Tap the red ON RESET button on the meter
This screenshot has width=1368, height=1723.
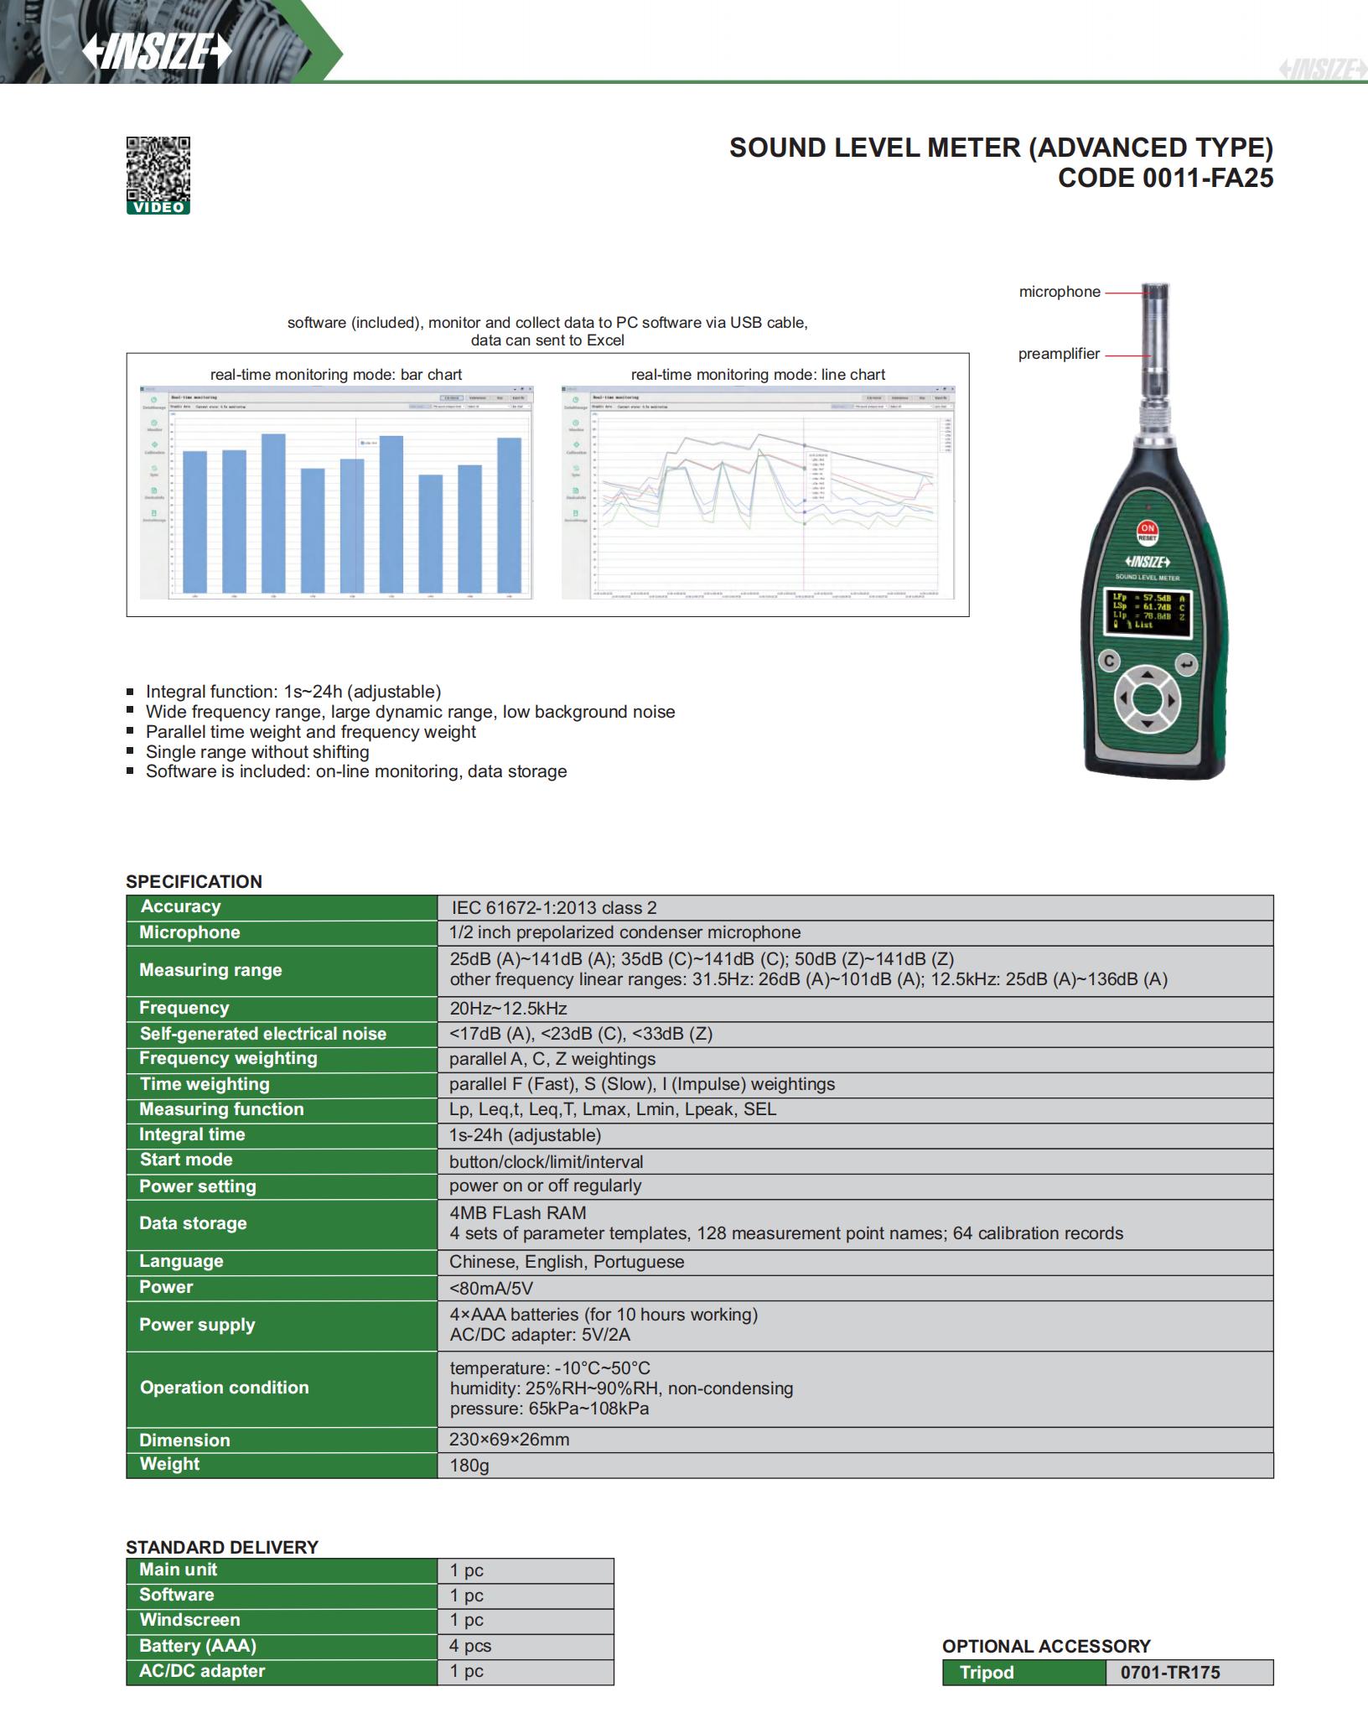point(1147,532)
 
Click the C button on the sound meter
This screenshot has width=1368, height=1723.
point(1109,661)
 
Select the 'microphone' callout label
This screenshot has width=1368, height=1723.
point(1060,292)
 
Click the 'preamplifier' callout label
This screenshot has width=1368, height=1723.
point(1059,354)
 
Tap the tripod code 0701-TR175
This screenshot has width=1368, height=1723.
point(1169,1672)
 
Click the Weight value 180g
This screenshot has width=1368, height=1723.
point(469,1465)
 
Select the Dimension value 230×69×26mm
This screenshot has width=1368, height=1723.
point(509,1440)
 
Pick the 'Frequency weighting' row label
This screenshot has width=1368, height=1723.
point(228,1058)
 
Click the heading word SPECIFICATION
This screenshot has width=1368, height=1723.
point(194,881)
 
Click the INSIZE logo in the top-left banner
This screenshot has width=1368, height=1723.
point(157,52)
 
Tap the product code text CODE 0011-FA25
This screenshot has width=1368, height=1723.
point(1165,178)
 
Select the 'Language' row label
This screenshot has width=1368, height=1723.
point(181,1261)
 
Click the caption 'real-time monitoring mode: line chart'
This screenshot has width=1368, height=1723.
point(758,375)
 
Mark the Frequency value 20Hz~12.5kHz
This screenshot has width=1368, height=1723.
point(508,1008)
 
